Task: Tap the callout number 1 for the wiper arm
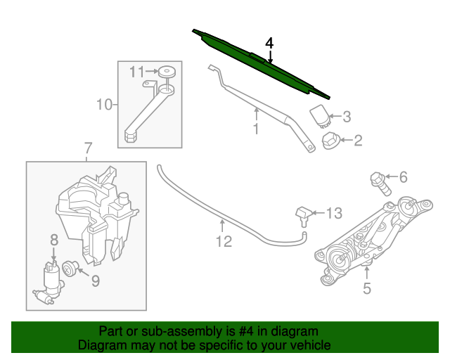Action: pyautogui.click(x=256, y=129)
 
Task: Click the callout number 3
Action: pyautogui.click(x=346, y=117)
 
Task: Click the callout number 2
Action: pyautogui.click(x=358, y=141)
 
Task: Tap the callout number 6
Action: pyautogui.click(x=403, y=178)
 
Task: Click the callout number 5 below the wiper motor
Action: pyautogui.click(x=366, y=288)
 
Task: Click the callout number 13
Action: pyautogui.click(x=333, y=212)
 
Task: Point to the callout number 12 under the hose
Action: pyautogui.click(x=223, y=242)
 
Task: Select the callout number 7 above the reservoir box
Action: pyautogui.click(x=88, y=149)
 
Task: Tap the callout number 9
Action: pyautogui.click(x=95, y=282)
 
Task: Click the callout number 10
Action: pyautogui.click(x=104, y=105)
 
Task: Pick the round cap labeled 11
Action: pyautogui.click(x=167, y=71)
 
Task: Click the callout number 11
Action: pyautogui.click(x=136, y=71)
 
